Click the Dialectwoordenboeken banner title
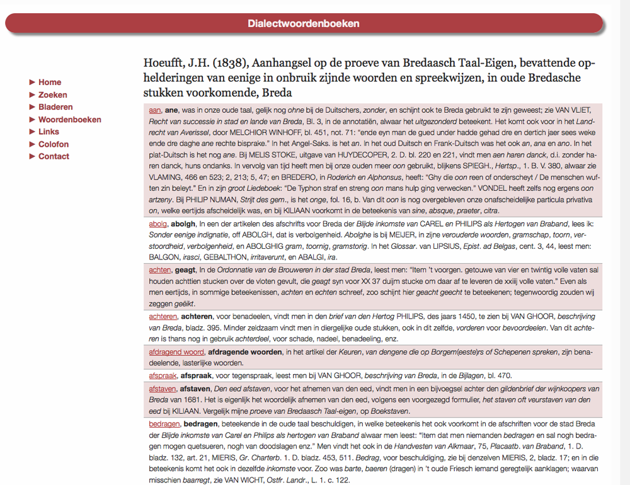tap(304, 24)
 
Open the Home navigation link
tap(50, 83)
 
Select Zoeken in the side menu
tap(52, 95)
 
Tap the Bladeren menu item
tap(55, 107)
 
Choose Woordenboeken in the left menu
tap(70, 120)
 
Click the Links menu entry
tap(49, 132)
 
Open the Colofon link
tap(54, 144)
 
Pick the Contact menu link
tap(54, 156)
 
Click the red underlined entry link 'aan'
tap(155, 110)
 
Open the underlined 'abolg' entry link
tap(157, 224)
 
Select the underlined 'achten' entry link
tap(160, 270)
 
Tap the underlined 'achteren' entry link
tap(163, 316)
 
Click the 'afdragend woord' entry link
tap(176, 352)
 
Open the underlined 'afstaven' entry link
tap(163, 389)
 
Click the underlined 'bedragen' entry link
tap(164, 425)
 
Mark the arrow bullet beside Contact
tap(33, 156)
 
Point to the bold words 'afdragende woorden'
tap(244, 352)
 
